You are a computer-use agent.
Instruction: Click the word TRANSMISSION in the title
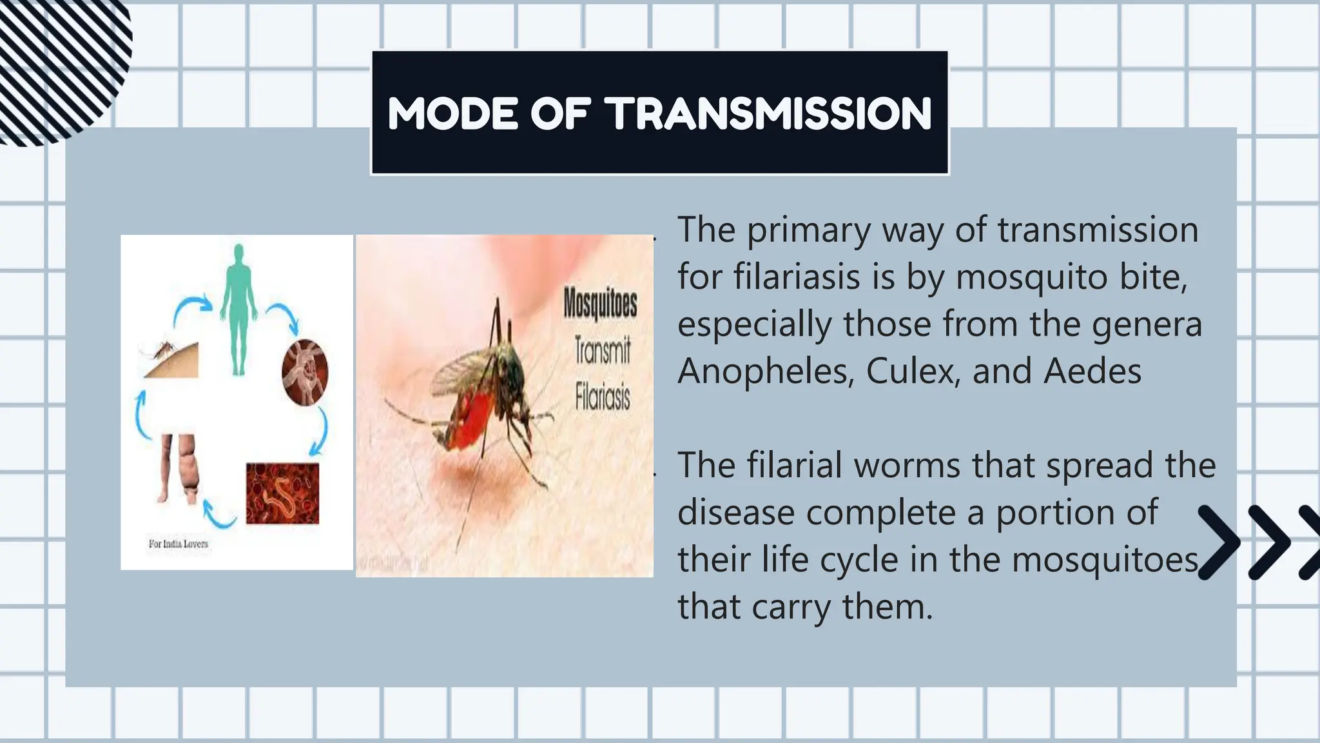(x=770, y=114)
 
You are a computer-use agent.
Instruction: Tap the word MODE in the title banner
(x=453, y=114)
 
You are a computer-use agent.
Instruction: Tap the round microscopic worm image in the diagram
(x=305, y=372)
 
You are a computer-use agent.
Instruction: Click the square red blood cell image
(x=282, y=493)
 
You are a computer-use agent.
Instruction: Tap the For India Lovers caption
(x=179, y=544)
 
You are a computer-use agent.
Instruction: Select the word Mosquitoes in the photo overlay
(x=600, y=303)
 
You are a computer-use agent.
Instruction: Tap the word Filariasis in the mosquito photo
(x=602, y=396)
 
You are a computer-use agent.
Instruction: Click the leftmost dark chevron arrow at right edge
(x=1219, y=542)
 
